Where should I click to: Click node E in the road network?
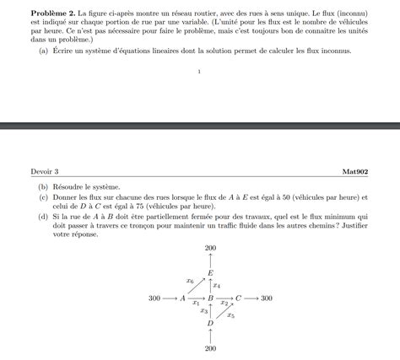tap(210, 273)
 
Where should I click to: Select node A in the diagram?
tap(183, 298)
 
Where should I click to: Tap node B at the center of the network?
tap(210, 298)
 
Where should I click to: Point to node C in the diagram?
tap(238, 298)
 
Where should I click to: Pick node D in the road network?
tap(210, 323)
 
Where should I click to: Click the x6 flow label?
tap(190, 280)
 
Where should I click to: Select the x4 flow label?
tap(217, 286)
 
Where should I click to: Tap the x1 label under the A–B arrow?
tap(196, 303)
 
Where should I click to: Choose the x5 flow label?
tap(230, 315)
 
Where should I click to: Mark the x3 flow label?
tap(204, 311)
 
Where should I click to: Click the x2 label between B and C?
tap(224, 303)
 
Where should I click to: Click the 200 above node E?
tap(210, 248)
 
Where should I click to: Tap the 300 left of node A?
tap(154, 298)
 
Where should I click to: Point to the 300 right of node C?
tap(266, 298)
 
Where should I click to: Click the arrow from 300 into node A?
tap(170, 298)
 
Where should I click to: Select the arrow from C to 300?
tap(251, 298)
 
